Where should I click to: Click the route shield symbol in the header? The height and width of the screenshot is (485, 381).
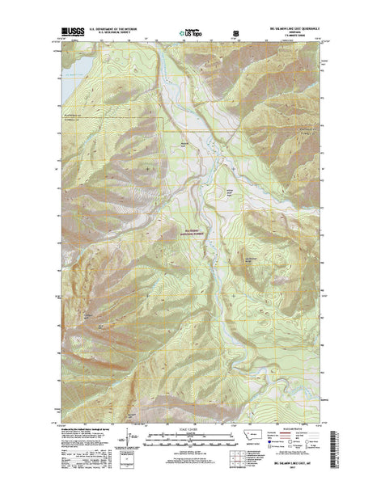click(x=235, y=35)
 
